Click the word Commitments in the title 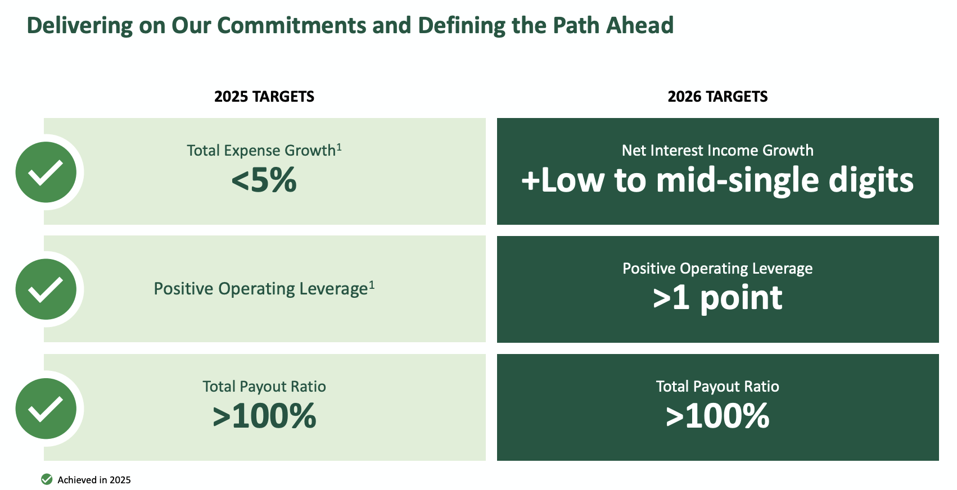tap(291, 26)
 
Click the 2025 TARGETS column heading tap(264, 97)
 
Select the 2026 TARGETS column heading tap(717, 97)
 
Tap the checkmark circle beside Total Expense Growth tap(46, 172)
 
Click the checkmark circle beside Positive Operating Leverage tap(46, 289)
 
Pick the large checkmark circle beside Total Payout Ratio tap(46, 409)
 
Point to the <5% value tap(264, 181)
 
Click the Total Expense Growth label tap(261, 151)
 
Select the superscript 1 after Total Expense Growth tap(339, 147)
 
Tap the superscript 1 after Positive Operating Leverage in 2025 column tap(372, 285)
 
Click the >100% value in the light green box tap(264, 416)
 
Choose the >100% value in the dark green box tap(717, 416)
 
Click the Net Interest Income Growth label tap(717, 151)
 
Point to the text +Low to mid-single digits tap(717, 181)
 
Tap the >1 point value tap(717, 298)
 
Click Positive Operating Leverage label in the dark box tap(717, 269)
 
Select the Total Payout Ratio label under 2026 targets tap(717, 387)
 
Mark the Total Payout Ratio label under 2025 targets tap(264, 387)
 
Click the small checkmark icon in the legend tap(47, 479)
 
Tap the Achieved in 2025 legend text tap(94, 480)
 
